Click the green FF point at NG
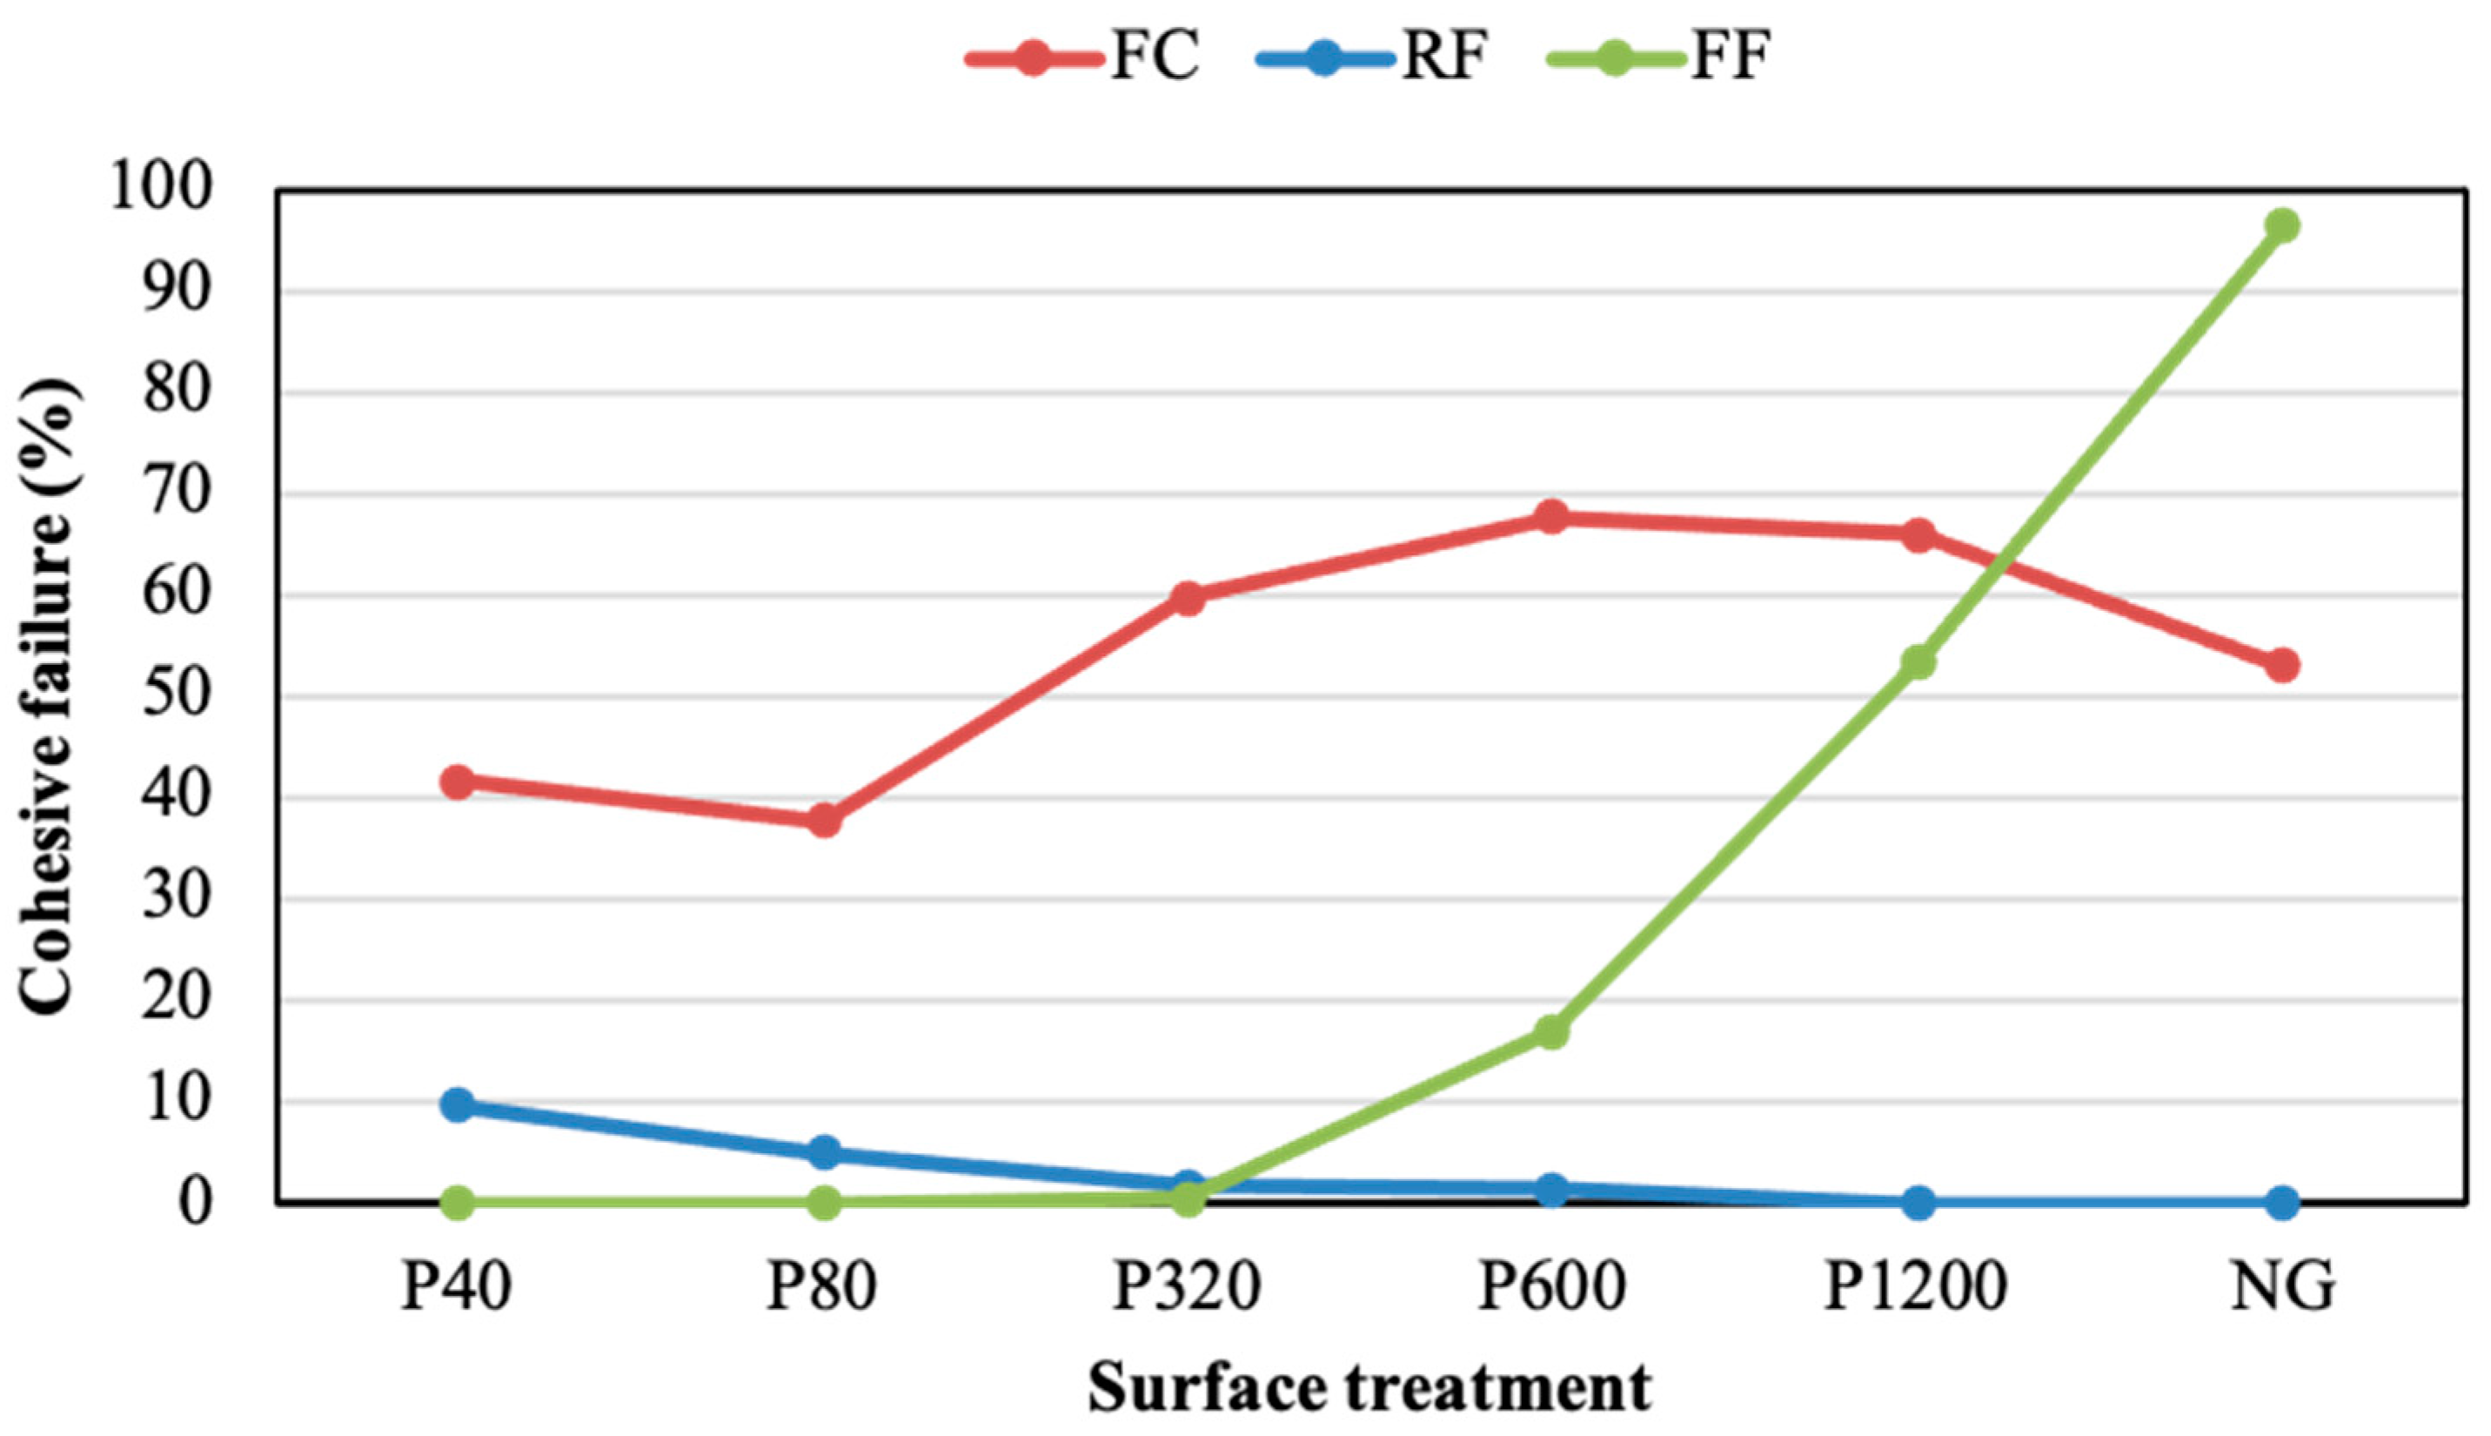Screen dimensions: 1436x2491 click(x=2282, y=225)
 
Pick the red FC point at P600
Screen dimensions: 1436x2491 click(x=1551, y=517)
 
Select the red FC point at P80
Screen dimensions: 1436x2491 click(x=825, y=821)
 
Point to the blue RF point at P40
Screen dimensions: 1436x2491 click(x=458, y=1104)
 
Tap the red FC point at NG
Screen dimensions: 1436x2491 click(x=2282, y=666)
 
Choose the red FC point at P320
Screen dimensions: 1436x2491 click(x=1189, y=599)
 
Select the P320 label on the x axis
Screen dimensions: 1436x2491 click(x=1187, y=1287)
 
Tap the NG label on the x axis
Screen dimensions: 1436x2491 click(x=2282, y=1287)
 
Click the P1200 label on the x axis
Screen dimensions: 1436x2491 click(x=1915, y=1287)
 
